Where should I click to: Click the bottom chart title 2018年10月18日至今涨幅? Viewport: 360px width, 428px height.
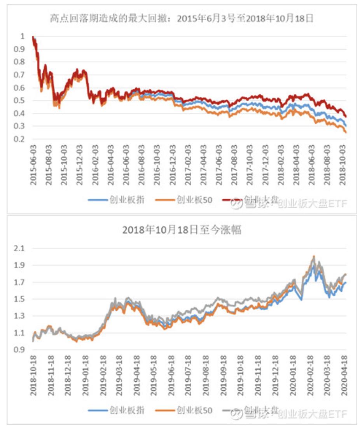tap(182, 230)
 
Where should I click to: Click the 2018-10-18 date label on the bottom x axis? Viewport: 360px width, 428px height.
tap(34, 375)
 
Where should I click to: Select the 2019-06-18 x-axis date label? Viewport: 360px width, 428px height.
tap(171, 375)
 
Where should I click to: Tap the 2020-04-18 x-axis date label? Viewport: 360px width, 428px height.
tap(344, 375)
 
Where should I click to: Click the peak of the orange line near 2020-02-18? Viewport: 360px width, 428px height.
tap(313, 256)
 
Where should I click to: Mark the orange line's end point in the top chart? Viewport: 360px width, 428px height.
tap(346, 132)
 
